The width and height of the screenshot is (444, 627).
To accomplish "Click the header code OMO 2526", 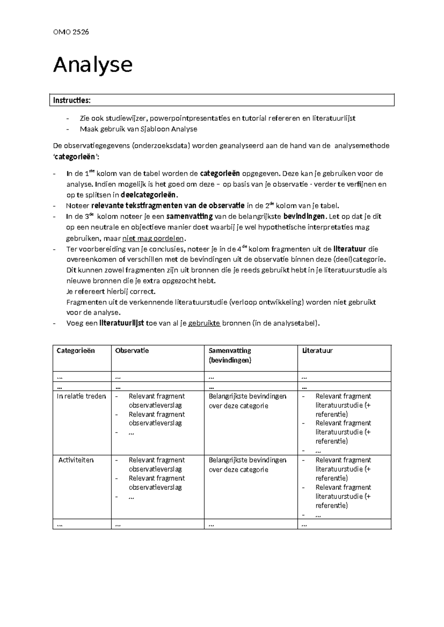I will tap(71, 32).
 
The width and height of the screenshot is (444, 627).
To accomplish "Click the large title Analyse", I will tap(93, 65).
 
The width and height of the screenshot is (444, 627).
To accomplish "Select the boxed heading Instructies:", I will tap(71, 101).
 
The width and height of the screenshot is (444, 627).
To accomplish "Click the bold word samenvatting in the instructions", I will tap(189, 217).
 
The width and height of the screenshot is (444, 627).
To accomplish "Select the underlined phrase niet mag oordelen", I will tap(153, 238).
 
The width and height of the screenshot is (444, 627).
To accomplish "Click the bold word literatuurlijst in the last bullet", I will tap(122, 323).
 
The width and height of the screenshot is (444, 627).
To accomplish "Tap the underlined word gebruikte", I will tap(204, 323).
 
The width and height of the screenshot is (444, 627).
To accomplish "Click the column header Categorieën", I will tap(75, 351).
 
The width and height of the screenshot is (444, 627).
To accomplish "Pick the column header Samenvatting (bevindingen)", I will tap(230, 355).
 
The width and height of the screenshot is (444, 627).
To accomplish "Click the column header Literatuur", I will tap(317, 351).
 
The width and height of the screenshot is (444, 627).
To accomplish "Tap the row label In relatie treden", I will tap(81, 396).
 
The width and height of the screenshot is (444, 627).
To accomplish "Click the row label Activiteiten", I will tap(76, 460).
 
